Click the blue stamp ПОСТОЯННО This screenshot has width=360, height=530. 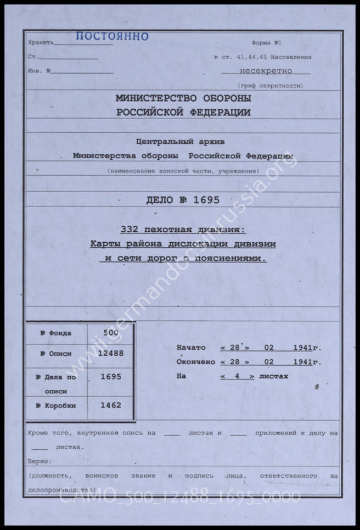pos(112,37)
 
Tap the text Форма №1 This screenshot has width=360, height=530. pos(267,43)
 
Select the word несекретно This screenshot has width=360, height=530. pos(266,71)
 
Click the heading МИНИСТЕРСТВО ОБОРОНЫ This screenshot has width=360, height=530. pos(183,98)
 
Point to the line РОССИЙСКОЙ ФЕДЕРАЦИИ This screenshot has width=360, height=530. pos(183,113)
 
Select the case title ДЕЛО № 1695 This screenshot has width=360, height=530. pos(183,200)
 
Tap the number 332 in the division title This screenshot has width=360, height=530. pos(129,230)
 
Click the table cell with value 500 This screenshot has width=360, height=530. pos(110,333)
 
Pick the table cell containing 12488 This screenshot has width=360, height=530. pos(110,353)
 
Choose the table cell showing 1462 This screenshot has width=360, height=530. pos(110,405)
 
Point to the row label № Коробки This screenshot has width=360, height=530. pos(58,405)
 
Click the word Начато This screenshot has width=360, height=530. pos(191,348)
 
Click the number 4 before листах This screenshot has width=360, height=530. pos(237,376)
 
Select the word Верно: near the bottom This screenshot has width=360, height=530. pos(40,461)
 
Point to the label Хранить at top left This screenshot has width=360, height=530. pos(41,42)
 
